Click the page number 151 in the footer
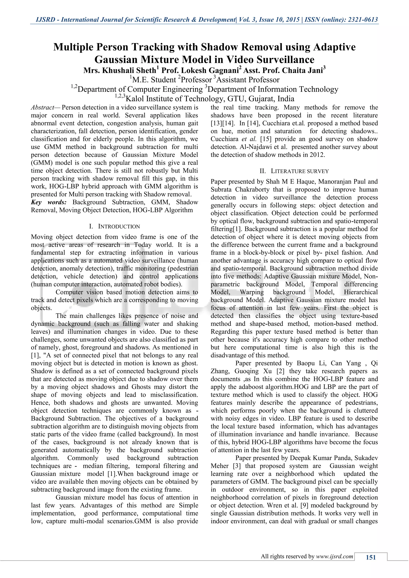click(x=370, y=557)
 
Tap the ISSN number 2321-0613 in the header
click(x=363, y=20)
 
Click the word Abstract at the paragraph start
click(x=42, y=108)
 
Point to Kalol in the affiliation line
click(x=136, y=99)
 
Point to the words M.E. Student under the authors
click(x=154, y=80)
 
